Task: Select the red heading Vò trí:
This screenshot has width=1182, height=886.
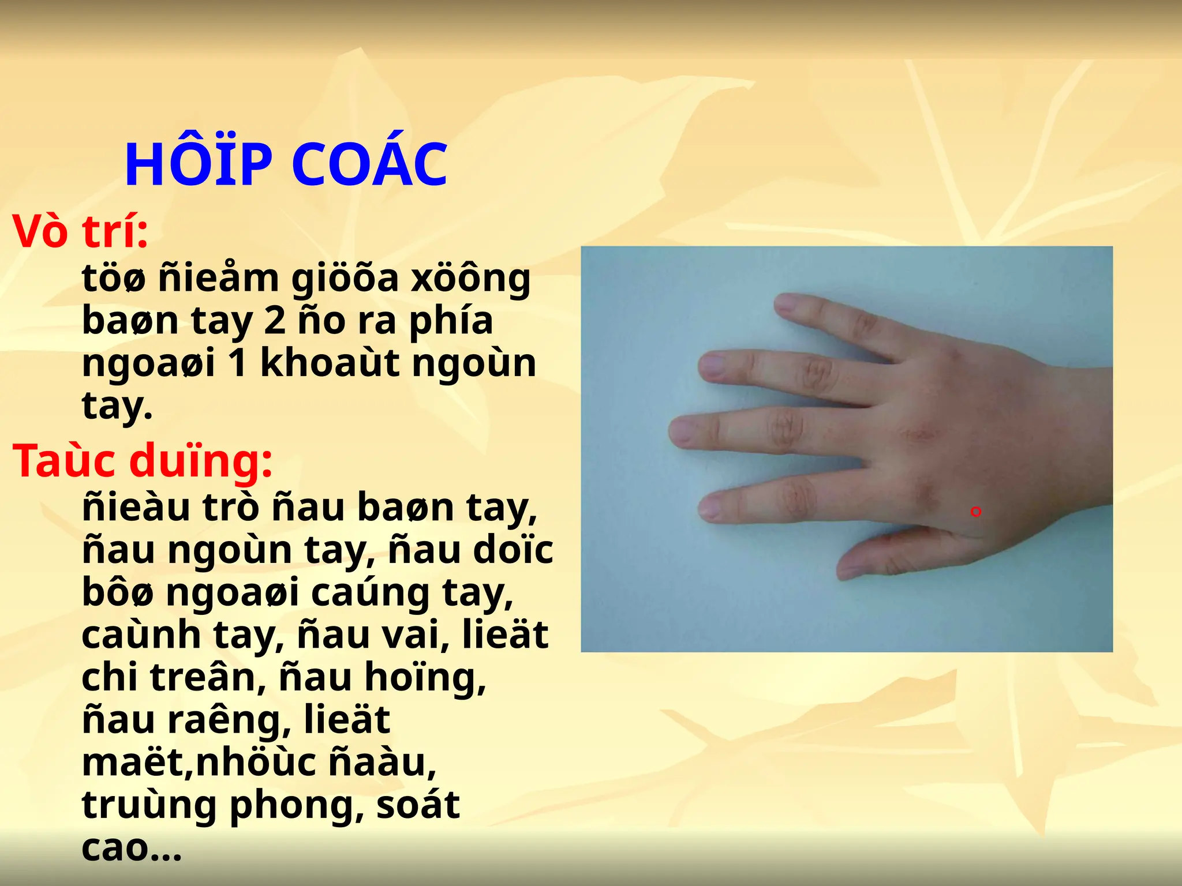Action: [x=80, y=232]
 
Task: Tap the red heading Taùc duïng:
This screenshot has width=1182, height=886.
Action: [x=142, y=461]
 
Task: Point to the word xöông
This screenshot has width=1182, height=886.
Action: [x=470, y=279]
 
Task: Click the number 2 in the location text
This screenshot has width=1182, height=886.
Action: [x=275, y=321]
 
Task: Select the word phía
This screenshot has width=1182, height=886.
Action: [x=451, y=322]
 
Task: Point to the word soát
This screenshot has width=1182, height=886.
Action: [x=418, y=805]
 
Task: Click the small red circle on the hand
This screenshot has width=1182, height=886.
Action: [x=976, y=512]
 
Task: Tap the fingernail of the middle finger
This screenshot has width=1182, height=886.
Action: [x=683, y=431]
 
